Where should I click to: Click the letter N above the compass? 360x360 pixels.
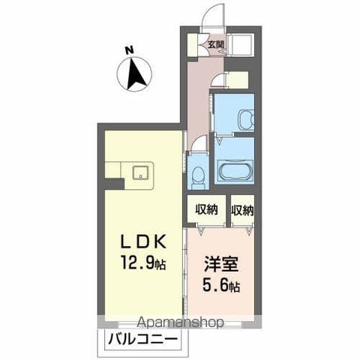click(129, 51)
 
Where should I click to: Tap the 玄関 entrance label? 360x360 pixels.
click(216, 44)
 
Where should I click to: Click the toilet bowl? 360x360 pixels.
click(199, 175)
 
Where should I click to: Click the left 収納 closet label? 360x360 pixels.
click(208, 210)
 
